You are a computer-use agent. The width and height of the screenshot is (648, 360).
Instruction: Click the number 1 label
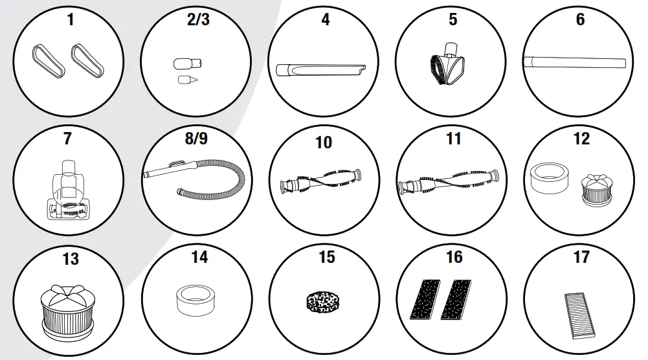(70, 20)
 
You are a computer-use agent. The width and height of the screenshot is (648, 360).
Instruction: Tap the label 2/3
(198, 20)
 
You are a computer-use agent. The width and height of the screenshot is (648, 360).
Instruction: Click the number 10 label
(324, 142)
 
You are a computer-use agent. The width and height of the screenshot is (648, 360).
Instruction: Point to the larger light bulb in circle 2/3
(188, 63)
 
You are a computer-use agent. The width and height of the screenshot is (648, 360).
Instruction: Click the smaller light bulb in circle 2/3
(188, 80)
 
